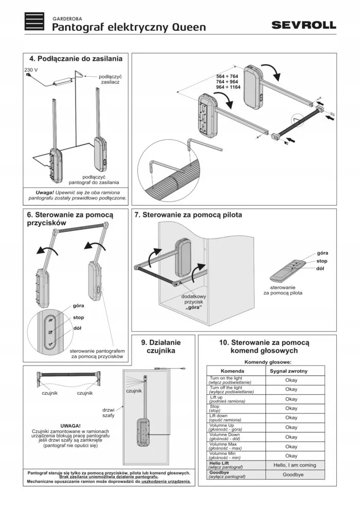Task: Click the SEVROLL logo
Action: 303,25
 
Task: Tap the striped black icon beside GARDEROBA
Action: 34,22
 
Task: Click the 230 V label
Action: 31,70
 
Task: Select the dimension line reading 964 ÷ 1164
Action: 228,87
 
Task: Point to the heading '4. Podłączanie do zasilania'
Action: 76,59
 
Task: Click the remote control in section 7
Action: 287,271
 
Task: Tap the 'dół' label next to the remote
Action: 320,268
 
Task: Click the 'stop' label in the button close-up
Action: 78,317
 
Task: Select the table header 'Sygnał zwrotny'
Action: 289,371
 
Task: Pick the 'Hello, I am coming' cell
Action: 295,465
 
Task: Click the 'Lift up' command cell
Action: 236,399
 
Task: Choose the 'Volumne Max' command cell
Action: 236,446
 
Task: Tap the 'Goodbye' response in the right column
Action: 293,474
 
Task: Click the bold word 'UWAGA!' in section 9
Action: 70,426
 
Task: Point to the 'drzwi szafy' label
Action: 109,412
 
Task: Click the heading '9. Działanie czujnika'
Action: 160,347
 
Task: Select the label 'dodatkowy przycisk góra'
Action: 193,302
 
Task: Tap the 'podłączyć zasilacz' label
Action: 110,80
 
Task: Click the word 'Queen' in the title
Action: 189,27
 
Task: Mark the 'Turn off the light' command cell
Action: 236,390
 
